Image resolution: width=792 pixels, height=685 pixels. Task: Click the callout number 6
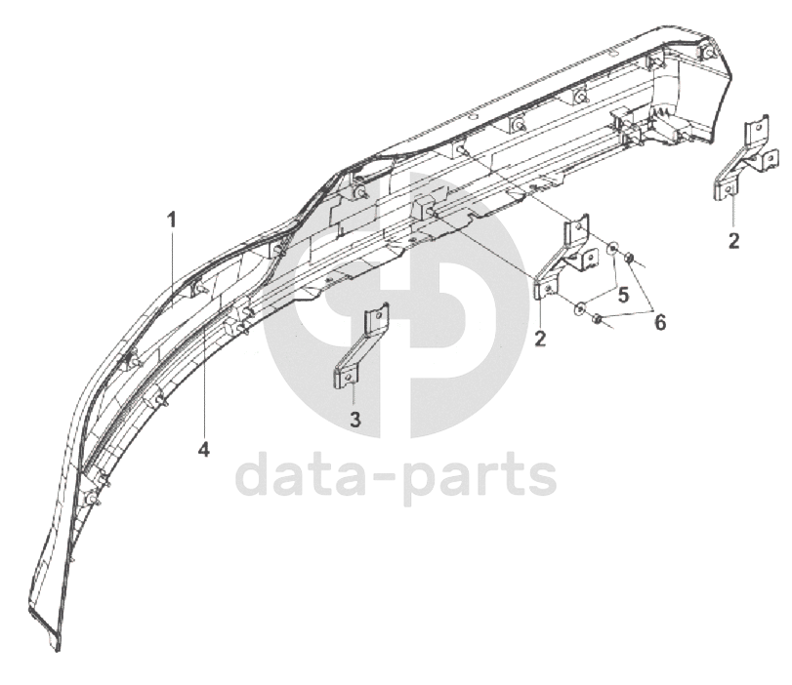pos(660,322)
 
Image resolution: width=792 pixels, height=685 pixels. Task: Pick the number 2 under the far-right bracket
pos(733,240)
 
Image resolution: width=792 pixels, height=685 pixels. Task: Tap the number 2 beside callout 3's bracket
pos(539,339)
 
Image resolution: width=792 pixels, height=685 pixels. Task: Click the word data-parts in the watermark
pos(396,478)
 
